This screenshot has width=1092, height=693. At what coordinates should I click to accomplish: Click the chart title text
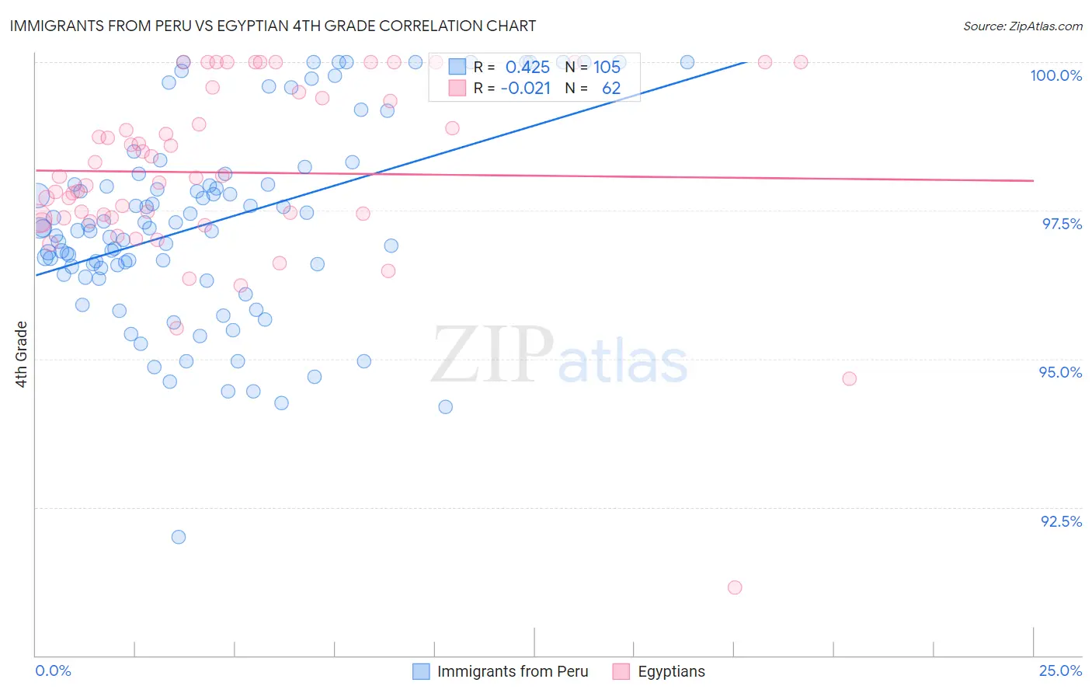click(x=272, y=26)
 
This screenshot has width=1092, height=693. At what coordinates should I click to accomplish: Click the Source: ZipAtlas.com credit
click(x=1022, y=26)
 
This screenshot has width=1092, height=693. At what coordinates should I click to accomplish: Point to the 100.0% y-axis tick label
click(x=1055, y=75)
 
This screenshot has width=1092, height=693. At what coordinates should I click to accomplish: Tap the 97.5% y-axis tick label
click(x=1061, y=224)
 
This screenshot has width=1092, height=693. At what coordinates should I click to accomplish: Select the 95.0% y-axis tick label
click(x=1060, y=372)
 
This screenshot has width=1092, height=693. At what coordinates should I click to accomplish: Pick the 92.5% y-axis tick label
click(x=1061, y=521)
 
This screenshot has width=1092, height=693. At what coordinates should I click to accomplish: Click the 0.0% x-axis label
click(x=53, y=670)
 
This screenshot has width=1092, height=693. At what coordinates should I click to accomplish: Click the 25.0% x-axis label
click(x=1060, y=670)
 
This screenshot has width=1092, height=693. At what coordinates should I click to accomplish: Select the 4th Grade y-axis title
click(x=22, y=353)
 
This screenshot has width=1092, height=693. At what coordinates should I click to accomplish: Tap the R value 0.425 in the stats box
click(x=527, y=67)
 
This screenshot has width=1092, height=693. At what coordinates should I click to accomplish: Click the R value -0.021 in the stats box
click(x=525, y=89)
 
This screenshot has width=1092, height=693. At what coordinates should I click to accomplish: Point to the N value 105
click(x=607, y=67)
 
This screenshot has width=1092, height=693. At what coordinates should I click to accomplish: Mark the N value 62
click(x=611, y=89)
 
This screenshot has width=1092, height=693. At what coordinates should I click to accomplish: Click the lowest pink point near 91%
click(x=735, y=587)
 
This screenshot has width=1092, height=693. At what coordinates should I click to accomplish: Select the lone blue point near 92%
click(x=179, y=537)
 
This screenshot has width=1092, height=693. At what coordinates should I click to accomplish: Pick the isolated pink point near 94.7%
click(x=849, y=378)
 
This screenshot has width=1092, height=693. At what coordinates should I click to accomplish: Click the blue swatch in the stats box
click(x=457, y=67)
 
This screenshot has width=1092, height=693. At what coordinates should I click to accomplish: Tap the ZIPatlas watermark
click(x=559, y=356)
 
